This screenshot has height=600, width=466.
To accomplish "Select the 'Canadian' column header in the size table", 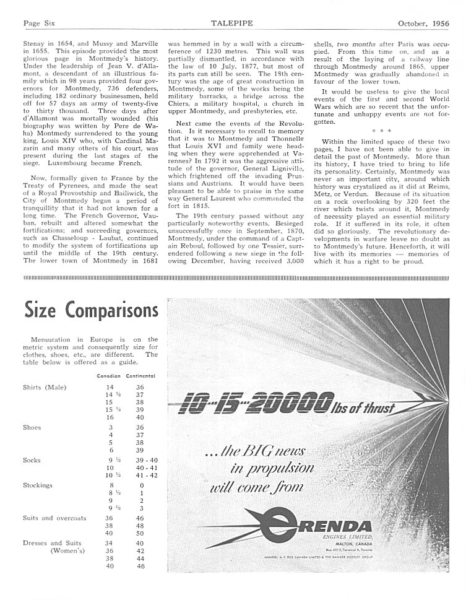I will pos(108,376).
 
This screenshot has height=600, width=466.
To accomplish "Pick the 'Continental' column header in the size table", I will pos(140,376).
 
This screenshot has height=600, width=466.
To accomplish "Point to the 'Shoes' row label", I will pos(32,428).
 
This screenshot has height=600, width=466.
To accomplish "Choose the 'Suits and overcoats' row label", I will pos(54,518).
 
